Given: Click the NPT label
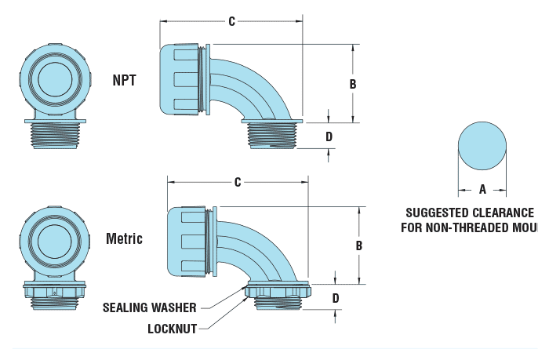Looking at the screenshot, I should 125,79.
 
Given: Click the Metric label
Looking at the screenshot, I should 124,238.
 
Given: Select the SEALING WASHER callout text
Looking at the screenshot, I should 149,307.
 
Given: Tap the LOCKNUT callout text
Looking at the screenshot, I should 172,329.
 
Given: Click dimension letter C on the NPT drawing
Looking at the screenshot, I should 231,21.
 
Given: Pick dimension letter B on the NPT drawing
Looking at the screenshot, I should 353,83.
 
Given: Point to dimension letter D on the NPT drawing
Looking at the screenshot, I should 329,136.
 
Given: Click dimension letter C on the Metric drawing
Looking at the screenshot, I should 237,182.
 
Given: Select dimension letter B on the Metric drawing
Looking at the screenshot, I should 358,245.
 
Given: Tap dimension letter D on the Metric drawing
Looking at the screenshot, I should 335,298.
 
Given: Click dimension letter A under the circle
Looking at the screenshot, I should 482,189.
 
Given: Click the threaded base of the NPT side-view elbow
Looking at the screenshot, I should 271,134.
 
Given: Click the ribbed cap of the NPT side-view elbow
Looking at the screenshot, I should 181,79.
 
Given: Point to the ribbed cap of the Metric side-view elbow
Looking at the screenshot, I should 188,241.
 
